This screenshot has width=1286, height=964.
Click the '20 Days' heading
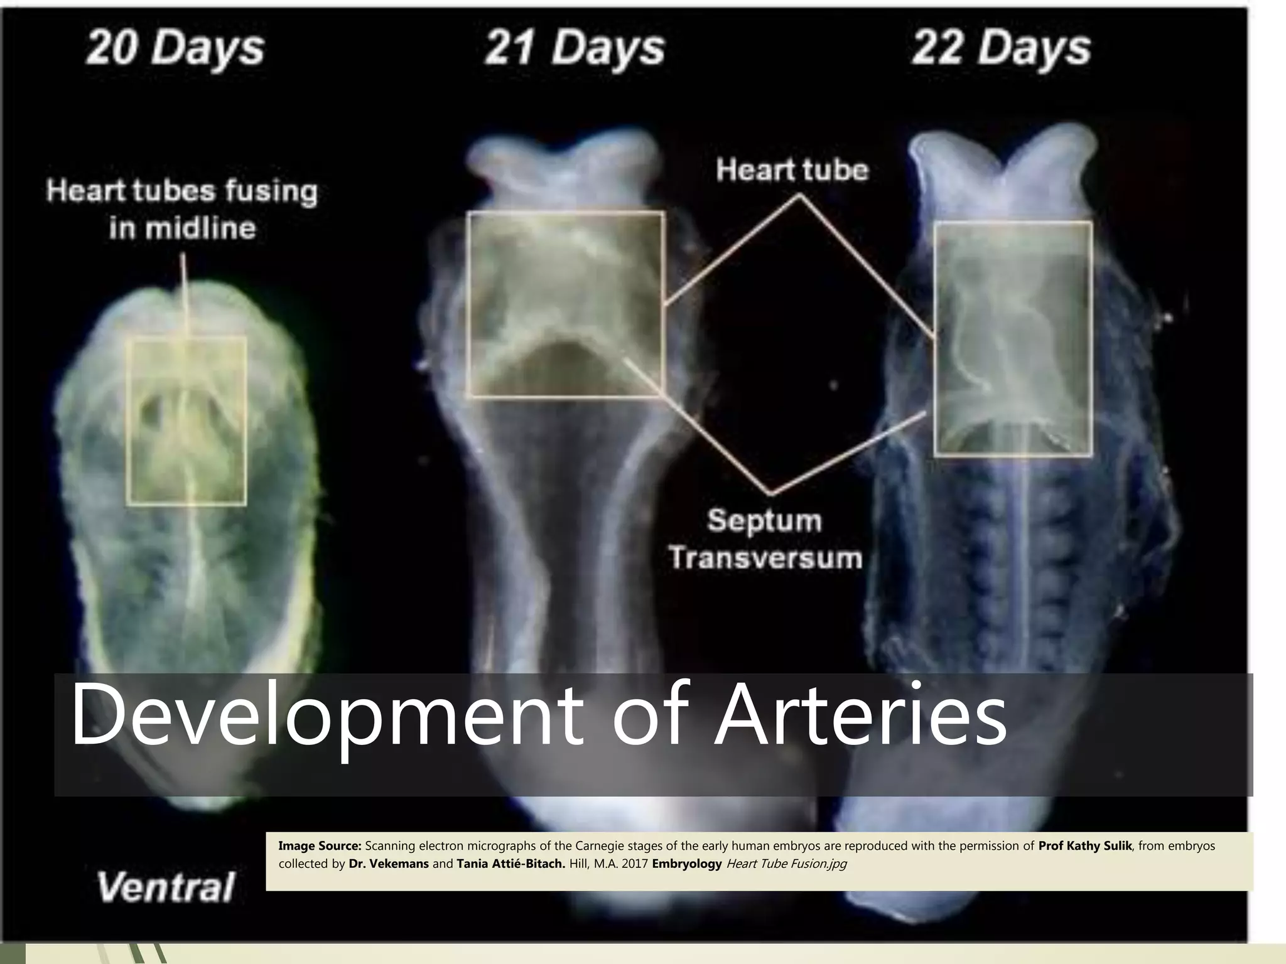click(x=175, y=48)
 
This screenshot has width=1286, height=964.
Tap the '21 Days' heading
click(x=574, y=48)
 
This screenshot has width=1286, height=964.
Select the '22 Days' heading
click(x=1001, y=48)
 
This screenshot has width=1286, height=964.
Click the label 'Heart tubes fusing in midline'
click(x=182, y=209)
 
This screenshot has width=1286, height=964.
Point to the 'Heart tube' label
click(x=792, y=170)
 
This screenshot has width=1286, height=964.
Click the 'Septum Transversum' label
click(x=765, y=539)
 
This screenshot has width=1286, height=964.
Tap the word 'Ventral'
click(x=165, y=887)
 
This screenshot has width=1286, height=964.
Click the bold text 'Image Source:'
click(x=320, y=846)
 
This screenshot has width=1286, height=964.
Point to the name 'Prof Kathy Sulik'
click(x=1084, y=846)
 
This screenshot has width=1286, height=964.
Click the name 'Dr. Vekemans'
click(x=388, y=864)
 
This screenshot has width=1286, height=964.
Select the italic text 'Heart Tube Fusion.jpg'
click(x=786, y=864)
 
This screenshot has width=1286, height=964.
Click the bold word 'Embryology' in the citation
click(x=686, y=864)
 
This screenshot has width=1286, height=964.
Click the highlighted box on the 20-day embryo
click(x=186, y=420)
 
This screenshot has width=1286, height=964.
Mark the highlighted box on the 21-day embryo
click(x=565, y=304)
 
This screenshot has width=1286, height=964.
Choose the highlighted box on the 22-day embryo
click(x=1013, y=338)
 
